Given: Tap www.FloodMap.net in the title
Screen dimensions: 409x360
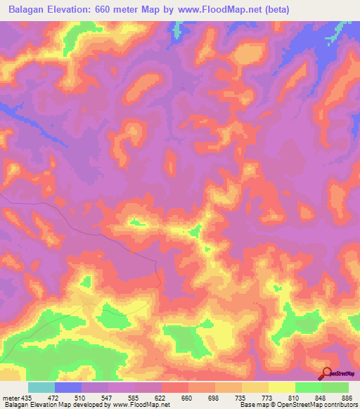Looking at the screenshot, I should (217, 9).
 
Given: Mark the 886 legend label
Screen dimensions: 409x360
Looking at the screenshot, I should (345, 397).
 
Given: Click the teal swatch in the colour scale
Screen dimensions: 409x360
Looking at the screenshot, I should (41, 387).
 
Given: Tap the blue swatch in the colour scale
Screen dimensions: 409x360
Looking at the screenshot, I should (68, 387).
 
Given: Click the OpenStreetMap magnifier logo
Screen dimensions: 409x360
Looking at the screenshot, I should (326, 373).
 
